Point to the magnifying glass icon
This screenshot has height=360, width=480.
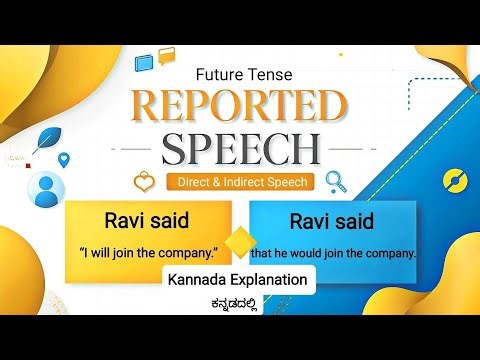coord(334,182)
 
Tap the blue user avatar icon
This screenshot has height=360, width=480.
coord(44,190)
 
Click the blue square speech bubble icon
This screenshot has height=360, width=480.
coord(145,62)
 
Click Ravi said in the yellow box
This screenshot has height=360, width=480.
coord(147,219)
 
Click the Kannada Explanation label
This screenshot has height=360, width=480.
coord(240,280)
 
